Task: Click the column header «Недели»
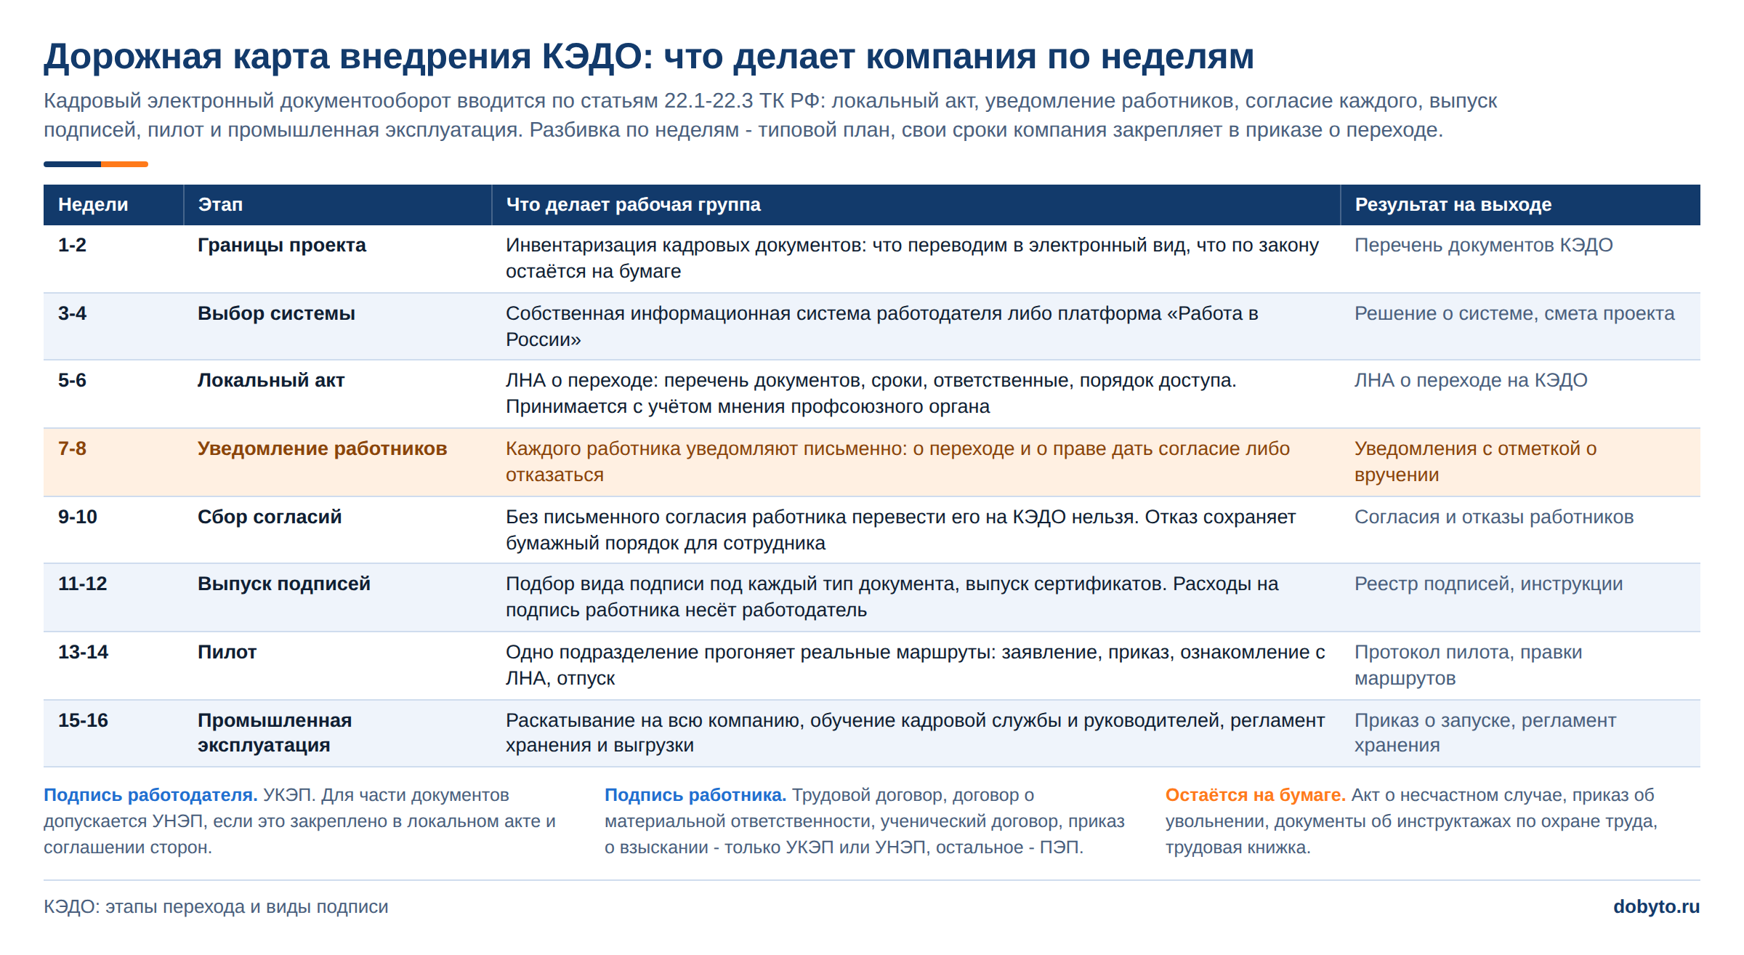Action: point(93,205)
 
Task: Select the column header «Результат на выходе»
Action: point(1453,205)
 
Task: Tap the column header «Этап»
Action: point(220,205)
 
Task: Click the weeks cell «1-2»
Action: point(72,245)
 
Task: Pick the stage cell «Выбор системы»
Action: point(276,313)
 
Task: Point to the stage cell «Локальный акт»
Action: point(271,380)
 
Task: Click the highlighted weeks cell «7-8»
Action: point(72,448)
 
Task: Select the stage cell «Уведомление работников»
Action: point(322,448)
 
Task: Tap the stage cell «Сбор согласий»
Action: point(270,517)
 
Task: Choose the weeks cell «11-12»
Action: point(82,584)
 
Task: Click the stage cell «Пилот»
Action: point(227,652)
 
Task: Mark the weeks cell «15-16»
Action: point(83,720)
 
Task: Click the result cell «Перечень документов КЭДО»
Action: point(1483,245)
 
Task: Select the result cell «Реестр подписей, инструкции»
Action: point(1488,584)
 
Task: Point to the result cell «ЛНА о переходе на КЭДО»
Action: point(1471,380)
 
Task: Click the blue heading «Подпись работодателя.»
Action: point(150,795)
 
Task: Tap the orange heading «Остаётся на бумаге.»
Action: point(1256,795)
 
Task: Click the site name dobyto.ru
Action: point(1656,907)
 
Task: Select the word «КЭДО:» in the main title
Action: point(598,57)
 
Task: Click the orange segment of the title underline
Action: point(124,164)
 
